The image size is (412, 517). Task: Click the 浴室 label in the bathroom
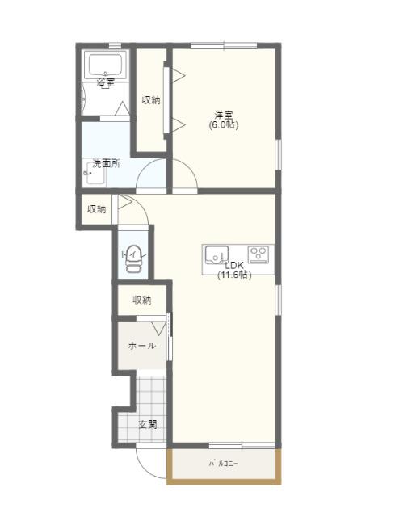(106, 83)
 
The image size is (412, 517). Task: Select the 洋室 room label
(224, 115)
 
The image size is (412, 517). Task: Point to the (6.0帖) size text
(224, 125)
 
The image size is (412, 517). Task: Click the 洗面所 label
(106, 163)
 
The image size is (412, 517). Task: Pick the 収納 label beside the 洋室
(151, 100)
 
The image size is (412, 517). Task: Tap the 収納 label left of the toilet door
(97, 209)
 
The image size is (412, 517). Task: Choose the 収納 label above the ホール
(142, 301)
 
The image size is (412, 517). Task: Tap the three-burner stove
(259, 254)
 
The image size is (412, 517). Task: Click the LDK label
(233, 265)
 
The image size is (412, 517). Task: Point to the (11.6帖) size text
(234, 275)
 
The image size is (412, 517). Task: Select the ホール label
(142, 346)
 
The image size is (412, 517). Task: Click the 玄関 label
(147, 424)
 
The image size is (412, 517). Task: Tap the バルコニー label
(224, 464)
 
